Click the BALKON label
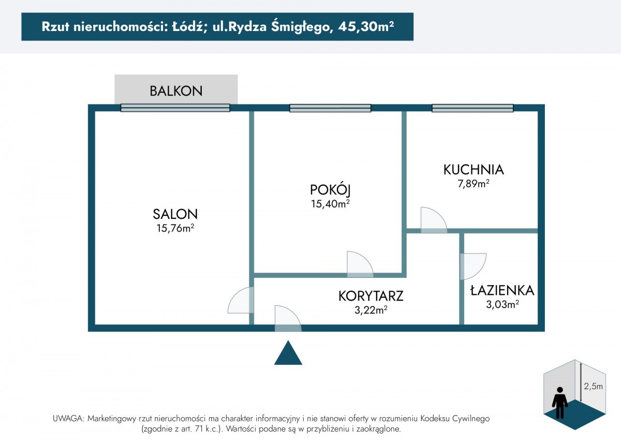coord(176,91)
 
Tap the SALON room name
coord(175,214)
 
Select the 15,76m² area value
coord(175,228)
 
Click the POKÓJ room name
coord(330,190)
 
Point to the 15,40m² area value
coord(330,204)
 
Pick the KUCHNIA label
coord(474,170)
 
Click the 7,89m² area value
coord(474,184)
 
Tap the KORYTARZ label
coord(371,296)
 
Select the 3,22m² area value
coord(371,310)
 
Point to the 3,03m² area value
coord(502,304)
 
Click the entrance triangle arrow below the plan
coord(288,353)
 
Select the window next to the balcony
coord(175,108)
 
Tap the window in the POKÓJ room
coord(330,108)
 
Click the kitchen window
coord(472,108)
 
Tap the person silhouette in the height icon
coord(560,403)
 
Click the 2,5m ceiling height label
coord(593,386)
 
